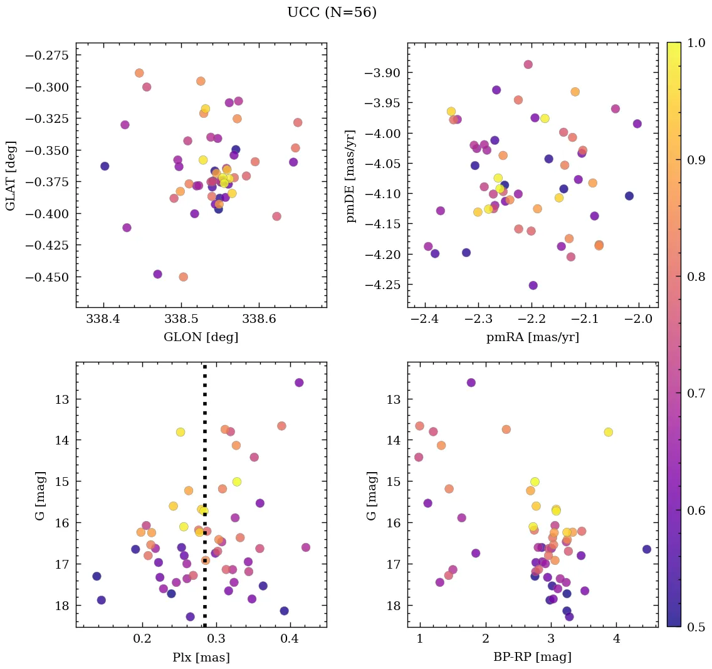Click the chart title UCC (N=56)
(332, 13)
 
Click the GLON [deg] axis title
(201, 337)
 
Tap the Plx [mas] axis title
(201, 657)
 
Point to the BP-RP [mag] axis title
(532, 657)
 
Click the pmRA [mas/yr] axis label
(532, 337)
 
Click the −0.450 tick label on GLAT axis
(47, 277)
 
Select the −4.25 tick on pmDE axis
(379, 285)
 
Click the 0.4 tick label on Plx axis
(290, 641)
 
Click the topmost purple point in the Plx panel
(299, 382)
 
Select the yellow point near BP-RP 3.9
(608, 432)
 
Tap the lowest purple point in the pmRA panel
(533, 285)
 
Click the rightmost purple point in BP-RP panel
(646, 549)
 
